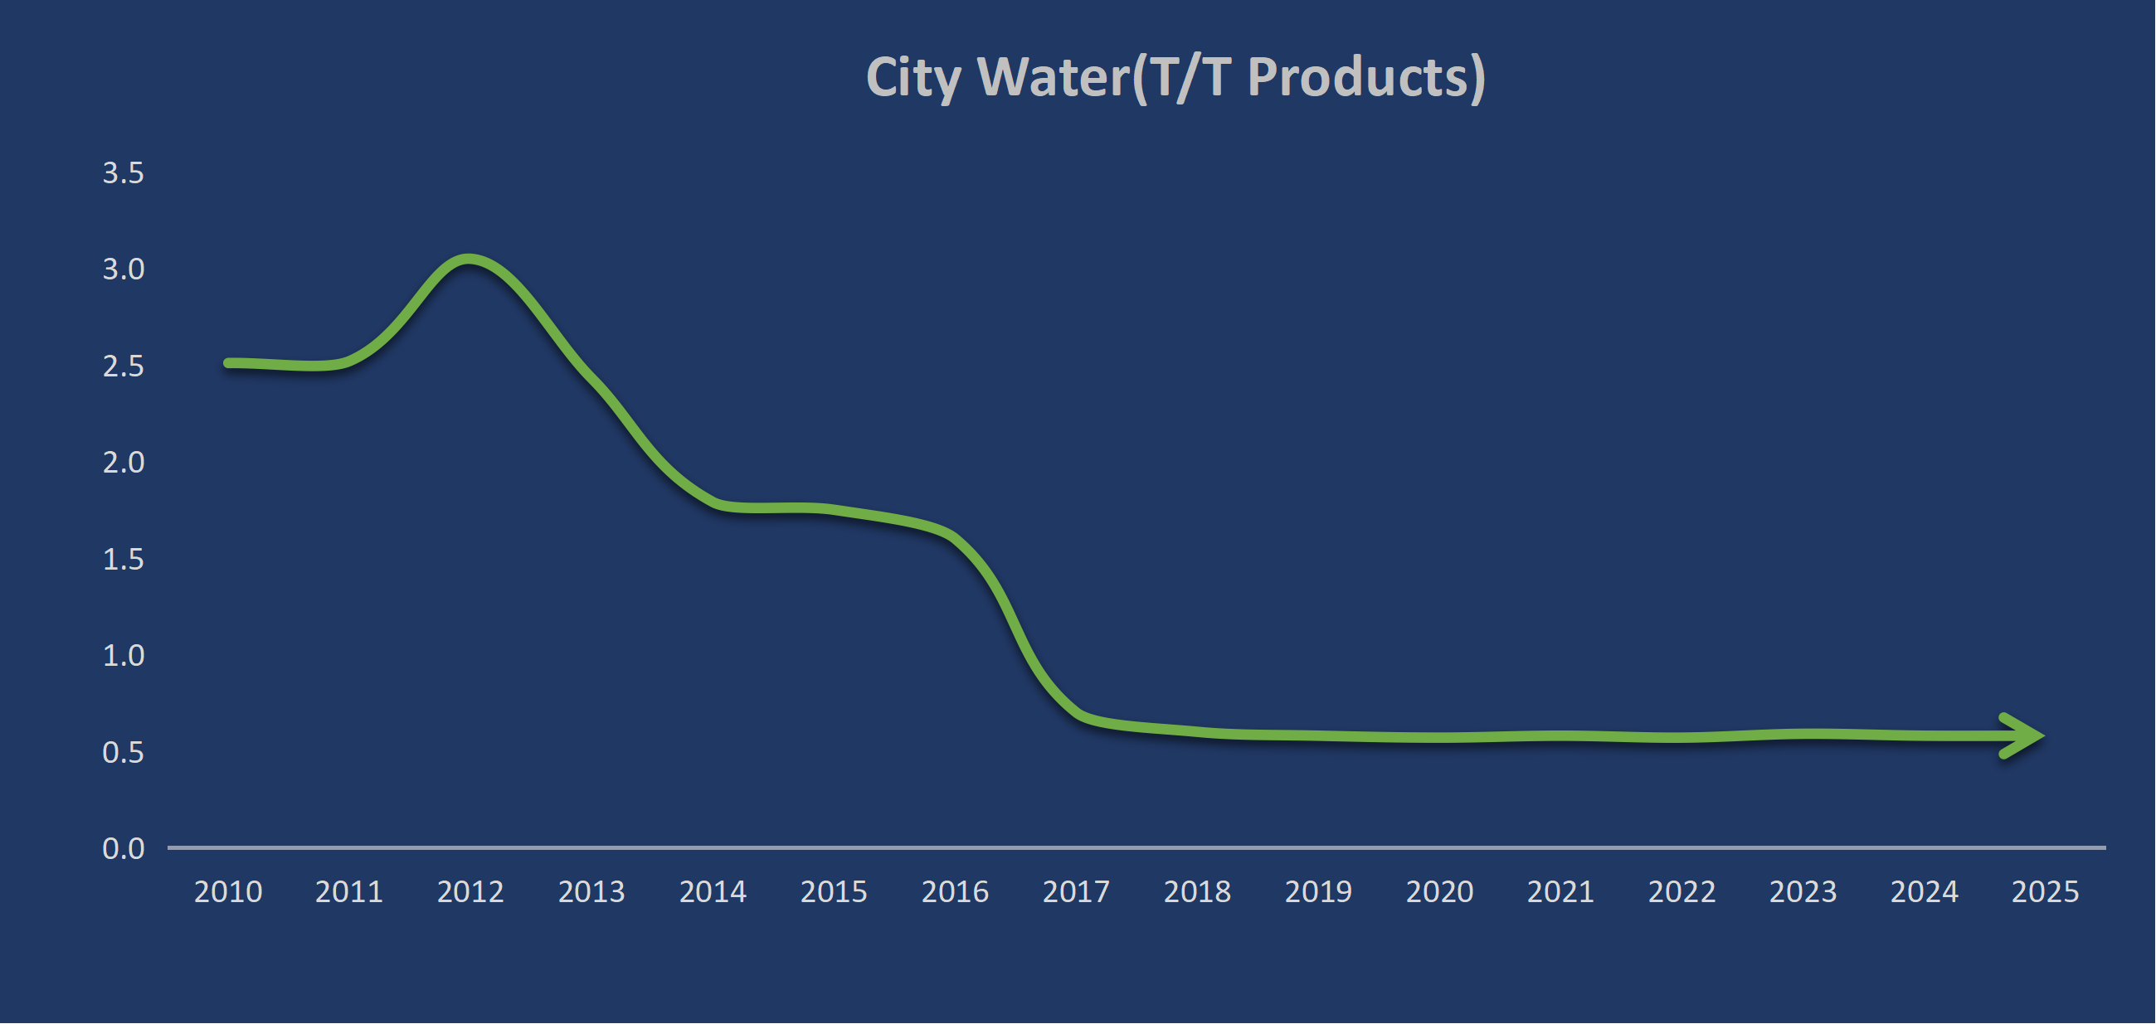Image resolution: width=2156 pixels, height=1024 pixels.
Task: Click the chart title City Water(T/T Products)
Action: click(1175, 78)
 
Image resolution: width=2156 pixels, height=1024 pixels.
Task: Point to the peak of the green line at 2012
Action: click(469, 260)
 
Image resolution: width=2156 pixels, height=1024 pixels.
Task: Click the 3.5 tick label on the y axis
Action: click(123, 173)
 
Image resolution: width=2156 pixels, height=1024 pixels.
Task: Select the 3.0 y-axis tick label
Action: click(123, 269)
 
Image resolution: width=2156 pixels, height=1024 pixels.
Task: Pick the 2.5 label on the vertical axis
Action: click(123, 366)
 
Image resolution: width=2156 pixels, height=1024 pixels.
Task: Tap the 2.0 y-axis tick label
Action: click(123, 463)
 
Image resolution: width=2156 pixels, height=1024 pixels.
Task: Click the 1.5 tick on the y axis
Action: click(123, 560)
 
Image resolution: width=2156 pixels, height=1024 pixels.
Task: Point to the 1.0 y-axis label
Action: click(123, 656)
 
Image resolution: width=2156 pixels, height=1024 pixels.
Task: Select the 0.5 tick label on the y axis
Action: click(123, 753)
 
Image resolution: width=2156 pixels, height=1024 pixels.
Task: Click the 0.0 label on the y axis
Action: click(123, 849)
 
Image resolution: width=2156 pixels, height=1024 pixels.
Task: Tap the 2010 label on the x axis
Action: click(227, 892)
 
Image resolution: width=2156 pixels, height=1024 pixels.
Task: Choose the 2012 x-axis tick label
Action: click(470, 892)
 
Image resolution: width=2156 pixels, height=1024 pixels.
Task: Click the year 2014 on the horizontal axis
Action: click(713, 892)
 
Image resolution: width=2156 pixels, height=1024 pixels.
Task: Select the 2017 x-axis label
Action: click(1075, 892)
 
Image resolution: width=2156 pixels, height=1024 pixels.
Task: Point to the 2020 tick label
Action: click(1439, 892)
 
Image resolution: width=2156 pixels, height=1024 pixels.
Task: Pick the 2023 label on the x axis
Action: click(1803, 892)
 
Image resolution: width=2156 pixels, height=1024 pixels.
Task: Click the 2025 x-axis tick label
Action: click(2045, 892)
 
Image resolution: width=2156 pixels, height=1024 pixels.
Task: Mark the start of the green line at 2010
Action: click(228, 363)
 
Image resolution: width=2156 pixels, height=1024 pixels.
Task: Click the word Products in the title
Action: click(1366, 78)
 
